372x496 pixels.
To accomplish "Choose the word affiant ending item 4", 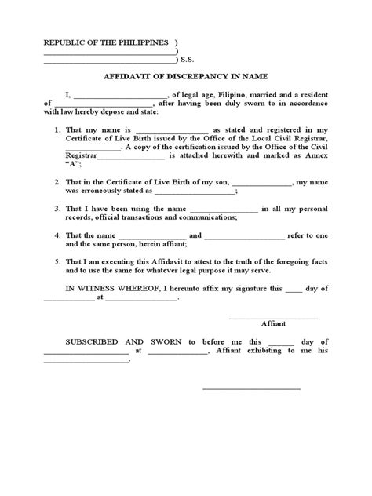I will click(x=170, y=245).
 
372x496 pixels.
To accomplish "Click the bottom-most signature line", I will click(x=251, y=388).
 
